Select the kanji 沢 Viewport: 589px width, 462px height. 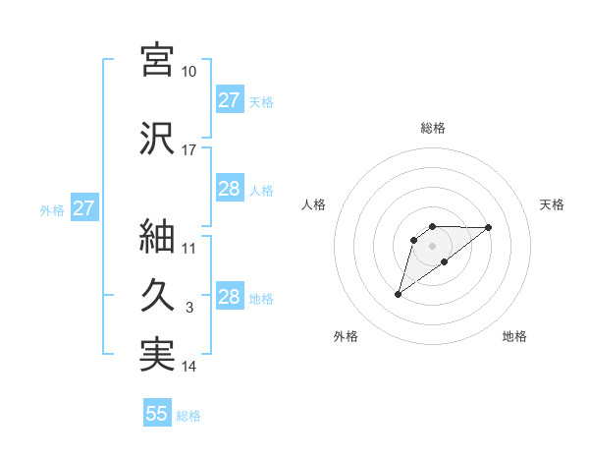point(157,137)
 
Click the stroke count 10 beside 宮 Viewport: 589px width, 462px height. point(189,72)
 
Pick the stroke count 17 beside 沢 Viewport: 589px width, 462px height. point(189,150)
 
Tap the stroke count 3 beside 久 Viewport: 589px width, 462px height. point(189,308)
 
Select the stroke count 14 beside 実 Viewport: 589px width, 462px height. point(189,367)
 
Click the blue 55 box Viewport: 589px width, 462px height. point(157,414)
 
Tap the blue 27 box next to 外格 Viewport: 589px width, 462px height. point(83,207)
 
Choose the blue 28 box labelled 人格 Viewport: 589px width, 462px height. point(229,189)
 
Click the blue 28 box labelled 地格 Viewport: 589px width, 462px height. point(229,297)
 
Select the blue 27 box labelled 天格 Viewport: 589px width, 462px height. point(229,100)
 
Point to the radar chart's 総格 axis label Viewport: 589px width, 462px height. point(432,128)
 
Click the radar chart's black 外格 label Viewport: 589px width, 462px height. point(346,336)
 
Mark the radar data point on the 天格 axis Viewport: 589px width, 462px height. point(489,227)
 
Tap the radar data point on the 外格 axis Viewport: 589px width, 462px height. point(398,293)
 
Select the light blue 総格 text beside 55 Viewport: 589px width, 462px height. point(188,416)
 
